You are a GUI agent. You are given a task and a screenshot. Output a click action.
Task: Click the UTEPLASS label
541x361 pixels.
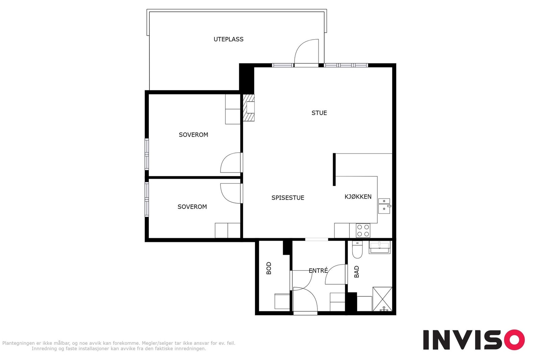pos(229,39)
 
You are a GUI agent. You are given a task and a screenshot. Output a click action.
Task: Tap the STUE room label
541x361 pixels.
pos(319,113)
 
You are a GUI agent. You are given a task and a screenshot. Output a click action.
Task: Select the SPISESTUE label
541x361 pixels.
pos(288,198)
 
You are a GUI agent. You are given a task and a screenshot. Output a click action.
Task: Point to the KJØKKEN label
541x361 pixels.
pos(358,197)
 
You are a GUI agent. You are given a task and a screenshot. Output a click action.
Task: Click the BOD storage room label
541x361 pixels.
pos(269,268)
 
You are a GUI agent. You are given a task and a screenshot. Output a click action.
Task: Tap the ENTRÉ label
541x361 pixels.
pos(318,271)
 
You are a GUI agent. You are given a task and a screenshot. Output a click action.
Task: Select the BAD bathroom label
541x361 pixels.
pos(356,272)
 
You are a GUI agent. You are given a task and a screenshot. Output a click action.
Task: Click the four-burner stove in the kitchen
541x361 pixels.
pos(363,230)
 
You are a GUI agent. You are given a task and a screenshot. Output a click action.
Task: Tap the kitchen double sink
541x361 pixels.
pos(384,206)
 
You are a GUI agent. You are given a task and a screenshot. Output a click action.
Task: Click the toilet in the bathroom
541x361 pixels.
pos(357,250)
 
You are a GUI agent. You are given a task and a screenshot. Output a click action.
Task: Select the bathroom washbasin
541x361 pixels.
pos(379,247)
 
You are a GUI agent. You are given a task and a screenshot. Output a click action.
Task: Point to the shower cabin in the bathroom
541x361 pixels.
pos(382,299)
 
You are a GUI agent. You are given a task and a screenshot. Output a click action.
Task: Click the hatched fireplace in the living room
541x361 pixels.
pos(249,108)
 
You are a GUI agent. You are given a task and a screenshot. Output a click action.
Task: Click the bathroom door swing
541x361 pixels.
pos(336,274)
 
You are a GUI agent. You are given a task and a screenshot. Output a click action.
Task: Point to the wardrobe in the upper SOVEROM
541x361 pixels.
pos(233,109)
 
